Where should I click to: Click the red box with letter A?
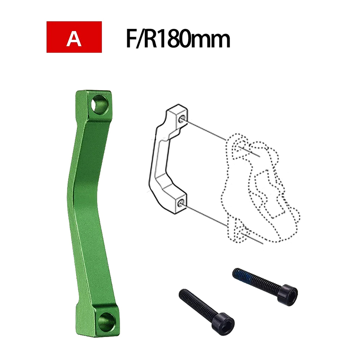click(x=74, y=37)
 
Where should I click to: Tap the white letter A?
click(x=74, y=38)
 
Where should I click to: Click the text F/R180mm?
click(x=178, y=38)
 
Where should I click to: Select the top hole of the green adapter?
click(x=100, y=104)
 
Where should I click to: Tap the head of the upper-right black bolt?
click(x=288, y=295)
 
